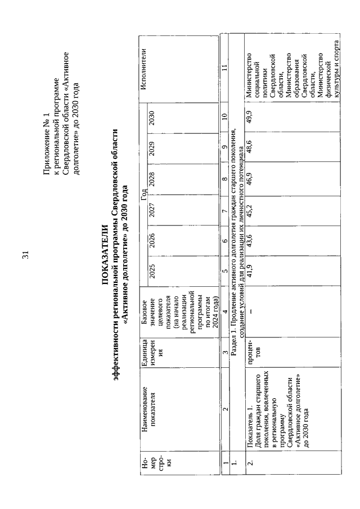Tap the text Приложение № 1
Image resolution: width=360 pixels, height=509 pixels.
pyautogui.click(x=48, y=146)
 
